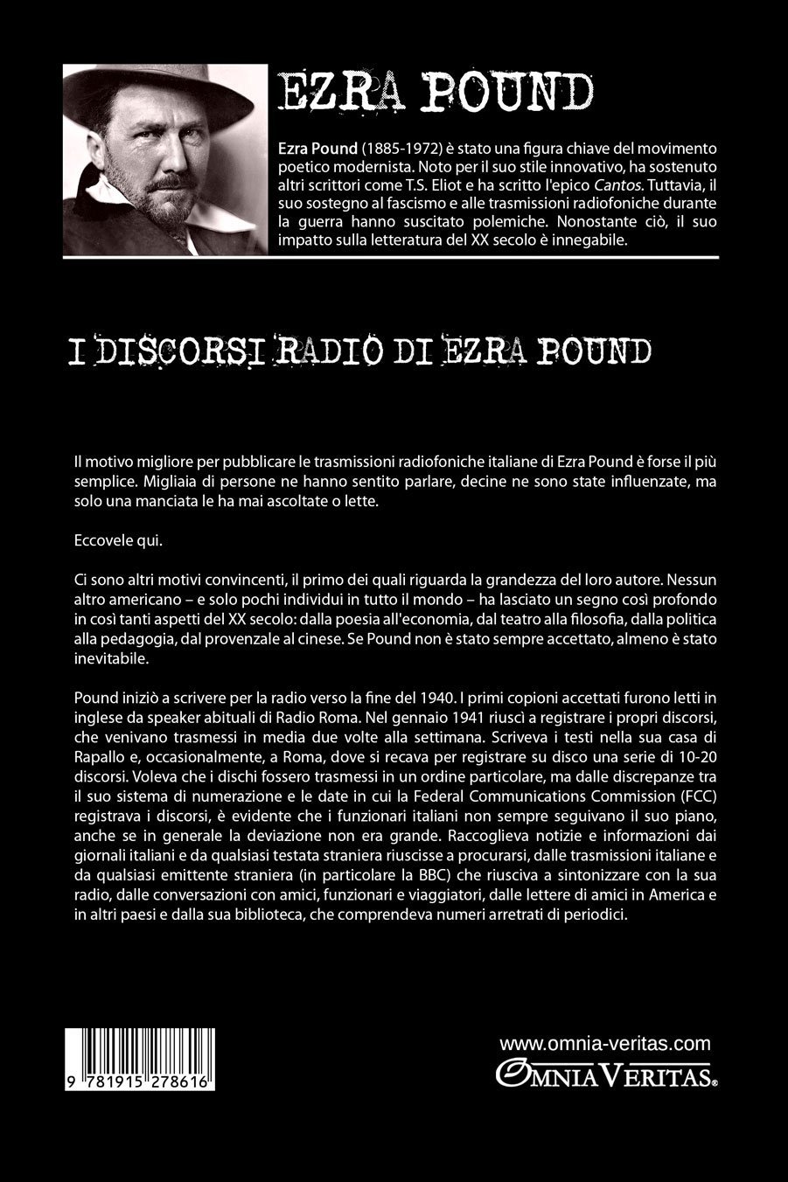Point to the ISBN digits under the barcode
(x=141, y=1081)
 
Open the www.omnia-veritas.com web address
(x=605, y=1043)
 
